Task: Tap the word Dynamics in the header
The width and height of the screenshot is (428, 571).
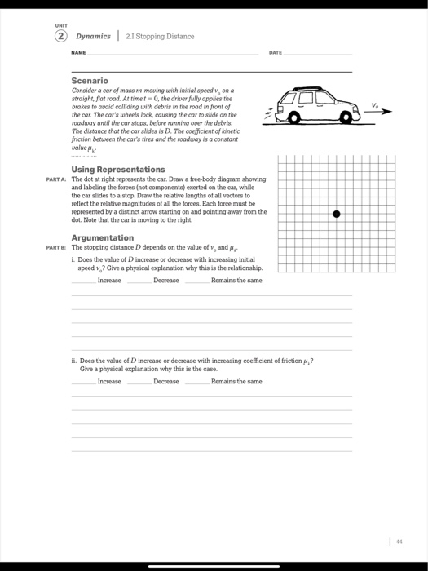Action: [94, 36]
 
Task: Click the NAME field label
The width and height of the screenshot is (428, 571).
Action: [79, 51]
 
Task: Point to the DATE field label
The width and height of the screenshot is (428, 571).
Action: [275, 51]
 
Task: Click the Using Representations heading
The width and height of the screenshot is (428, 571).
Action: [117, 169]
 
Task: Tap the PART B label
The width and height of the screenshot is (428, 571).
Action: [58, 246]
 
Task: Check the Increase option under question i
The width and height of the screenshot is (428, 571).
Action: [108, 280]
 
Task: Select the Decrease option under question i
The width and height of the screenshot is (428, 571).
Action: [165, 280]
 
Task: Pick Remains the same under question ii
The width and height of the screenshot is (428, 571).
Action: [236, 381]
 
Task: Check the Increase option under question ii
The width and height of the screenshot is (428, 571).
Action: [108, 381]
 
